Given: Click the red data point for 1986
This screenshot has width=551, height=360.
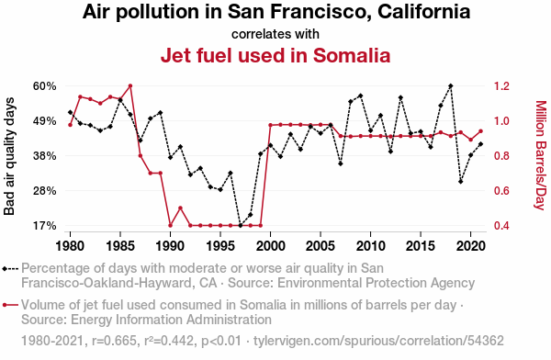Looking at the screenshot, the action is (130, 85).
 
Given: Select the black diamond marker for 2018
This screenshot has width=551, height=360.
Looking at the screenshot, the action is (451, 85).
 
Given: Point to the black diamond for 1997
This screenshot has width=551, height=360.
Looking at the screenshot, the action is (241, 225).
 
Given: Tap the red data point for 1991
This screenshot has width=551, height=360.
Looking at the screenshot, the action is (180, 208).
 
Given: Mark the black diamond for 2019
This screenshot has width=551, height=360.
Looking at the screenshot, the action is (460, 182).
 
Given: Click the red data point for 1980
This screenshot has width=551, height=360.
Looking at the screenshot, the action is (71, 125).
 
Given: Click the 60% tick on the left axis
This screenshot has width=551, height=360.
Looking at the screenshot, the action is (45, 86).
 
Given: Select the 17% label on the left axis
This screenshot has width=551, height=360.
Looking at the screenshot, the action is (45, 226).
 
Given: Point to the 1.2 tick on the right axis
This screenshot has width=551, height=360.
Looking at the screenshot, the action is (501, 86).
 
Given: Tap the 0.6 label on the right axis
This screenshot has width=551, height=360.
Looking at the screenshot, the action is (501, 191).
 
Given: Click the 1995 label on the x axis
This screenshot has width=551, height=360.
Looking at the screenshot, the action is (220, 246).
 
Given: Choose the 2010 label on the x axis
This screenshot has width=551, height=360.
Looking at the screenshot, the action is (370, 246).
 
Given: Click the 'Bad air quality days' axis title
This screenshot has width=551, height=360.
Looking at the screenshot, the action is (9, 156).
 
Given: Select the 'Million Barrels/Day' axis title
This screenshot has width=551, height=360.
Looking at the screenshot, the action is (541, 155).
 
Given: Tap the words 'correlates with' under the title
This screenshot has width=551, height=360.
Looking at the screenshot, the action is (275, 34).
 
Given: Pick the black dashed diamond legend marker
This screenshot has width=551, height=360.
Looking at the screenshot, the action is (10, 269).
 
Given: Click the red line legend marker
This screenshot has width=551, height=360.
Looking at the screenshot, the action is (10, 305).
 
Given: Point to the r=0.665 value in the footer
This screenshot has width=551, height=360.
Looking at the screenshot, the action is (114, 341).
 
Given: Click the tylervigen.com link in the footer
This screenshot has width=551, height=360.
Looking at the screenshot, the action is (378, 341).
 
